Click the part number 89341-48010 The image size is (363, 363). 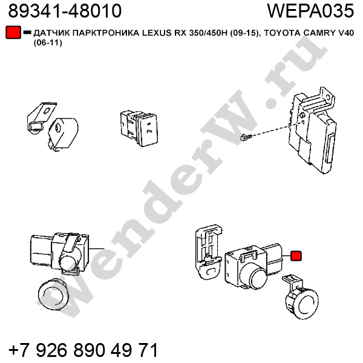[x=65, y=11]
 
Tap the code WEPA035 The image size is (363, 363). [x=311, y=11]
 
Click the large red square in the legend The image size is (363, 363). [x=13, y=33]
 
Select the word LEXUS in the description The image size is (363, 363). [x=155, y=33]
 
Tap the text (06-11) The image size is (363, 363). [x=48, y=43]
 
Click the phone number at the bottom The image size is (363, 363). [x=83, y=350]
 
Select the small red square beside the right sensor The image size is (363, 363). [x=296, y=256]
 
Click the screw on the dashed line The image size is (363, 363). [x=246, y=137]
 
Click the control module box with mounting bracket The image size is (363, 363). [x=312, y=129]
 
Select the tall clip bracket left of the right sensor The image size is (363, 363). [x=208, y=252]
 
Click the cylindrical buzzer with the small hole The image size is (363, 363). [x=63, y=134]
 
